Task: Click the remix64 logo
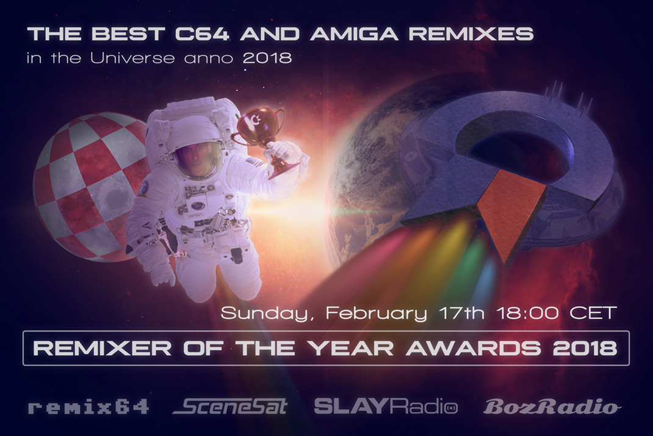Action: click(88, 407)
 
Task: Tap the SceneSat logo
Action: click(230, 407)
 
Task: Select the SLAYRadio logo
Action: click(386, 407)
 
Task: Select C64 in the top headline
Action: click(202, 34)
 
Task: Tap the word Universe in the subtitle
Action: click(132, 58)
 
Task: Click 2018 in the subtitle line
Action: click(267, 58)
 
